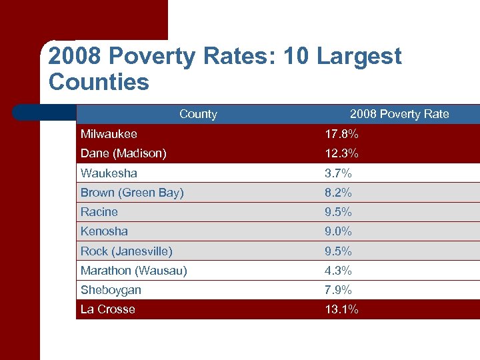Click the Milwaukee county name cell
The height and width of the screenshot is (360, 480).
[x=109, y=135]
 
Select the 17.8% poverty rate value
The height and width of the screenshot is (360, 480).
[x=341, y=135]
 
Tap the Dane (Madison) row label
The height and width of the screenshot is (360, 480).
[x=123, y=154]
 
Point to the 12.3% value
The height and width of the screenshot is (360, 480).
[x=341, y=154]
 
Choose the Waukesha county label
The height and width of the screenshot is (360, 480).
[x=109, y=173]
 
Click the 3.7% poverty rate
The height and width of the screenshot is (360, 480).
[x=339, y=173]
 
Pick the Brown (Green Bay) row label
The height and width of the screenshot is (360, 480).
[x=132, y=193]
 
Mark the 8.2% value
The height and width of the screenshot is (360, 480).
[x=339, y=193]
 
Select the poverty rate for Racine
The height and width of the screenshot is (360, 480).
[x=339, y=212]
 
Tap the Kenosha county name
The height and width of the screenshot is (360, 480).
[x=104, y=231]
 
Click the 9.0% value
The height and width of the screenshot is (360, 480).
[x=339, y=231]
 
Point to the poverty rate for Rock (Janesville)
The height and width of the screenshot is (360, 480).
[x=339, y=251]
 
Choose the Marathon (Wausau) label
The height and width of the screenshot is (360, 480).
[x=133, y=271]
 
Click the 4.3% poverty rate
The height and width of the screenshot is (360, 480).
[x=339, y=271]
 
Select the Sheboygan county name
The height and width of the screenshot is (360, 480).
[x=111, y=290]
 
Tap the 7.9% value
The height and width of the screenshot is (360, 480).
[x=339, y=290]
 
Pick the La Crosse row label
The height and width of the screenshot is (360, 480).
[x=107, y=309]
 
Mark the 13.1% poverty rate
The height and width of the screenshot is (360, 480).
[x=341, y=309]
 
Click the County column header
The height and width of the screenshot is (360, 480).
[x=198, y=114]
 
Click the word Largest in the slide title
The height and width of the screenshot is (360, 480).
[x=359, y=57]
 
